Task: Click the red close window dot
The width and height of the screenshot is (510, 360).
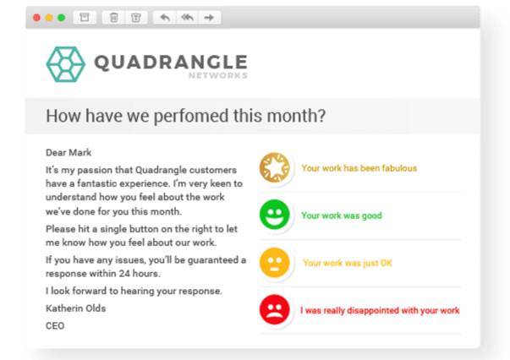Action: (x=36, y=18)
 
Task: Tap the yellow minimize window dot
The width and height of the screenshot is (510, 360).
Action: (x=49, y=18)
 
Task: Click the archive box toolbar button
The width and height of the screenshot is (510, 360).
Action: (x=85, y=18)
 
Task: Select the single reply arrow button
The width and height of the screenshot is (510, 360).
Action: (x=165, y=18)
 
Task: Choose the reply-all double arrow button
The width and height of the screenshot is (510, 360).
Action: (x=188, y=18)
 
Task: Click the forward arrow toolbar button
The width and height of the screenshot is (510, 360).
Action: (x=209, y=18)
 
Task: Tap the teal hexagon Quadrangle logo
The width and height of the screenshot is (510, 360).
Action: (x=66, y=64)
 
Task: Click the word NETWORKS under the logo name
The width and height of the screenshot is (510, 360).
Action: (x=218, y=76)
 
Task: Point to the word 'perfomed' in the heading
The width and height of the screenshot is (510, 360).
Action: (x=191, y=116)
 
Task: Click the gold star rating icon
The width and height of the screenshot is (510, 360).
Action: (x=275, y=167)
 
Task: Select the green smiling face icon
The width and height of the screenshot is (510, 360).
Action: (x=275, y=215)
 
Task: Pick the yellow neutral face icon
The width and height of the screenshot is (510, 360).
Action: (x=275, y=263)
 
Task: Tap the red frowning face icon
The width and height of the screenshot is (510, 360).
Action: (x=275, y=309)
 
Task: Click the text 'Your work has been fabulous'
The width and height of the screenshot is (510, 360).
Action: (x=359, y=168)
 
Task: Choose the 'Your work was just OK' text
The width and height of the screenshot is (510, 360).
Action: (x=348, y=263)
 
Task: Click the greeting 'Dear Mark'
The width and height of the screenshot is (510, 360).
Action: (x=69, y=153)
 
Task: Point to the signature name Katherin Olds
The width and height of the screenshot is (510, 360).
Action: (x=76, y=308)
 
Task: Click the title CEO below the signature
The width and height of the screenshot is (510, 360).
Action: (x=55, y=326)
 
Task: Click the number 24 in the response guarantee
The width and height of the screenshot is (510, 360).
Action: (x=124, y=274)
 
